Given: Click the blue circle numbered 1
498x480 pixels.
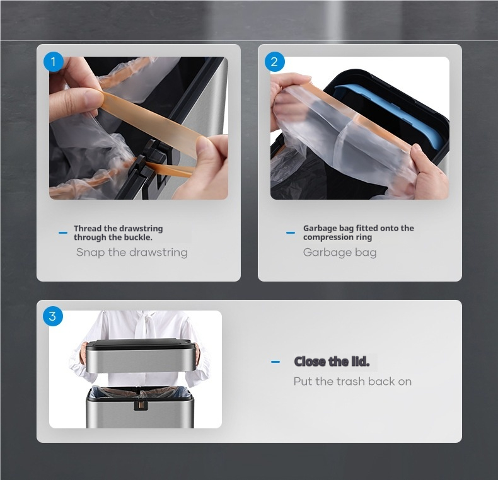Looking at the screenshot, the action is (54, 62).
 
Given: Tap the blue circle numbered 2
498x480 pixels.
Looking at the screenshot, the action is (275, 62).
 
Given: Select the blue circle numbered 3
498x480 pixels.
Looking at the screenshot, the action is (53, 316).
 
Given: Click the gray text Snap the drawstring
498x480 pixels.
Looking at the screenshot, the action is (132, 253).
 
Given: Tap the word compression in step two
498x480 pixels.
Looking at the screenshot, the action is (328, 237).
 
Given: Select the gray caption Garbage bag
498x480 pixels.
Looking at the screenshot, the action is (340, 253).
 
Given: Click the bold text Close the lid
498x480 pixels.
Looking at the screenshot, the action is (332, 362).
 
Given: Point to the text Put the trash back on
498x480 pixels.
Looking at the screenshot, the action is (352, 381).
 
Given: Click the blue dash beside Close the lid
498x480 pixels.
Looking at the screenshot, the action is (275, 362).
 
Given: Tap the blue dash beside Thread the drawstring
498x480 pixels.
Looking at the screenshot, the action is (63, 232).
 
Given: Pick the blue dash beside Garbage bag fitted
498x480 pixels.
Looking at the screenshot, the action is (291, 232).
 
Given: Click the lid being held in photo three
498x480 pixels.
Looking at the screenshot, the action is (140, 355).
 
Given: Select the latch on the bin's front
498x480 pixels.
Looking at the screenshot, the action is (141, 405).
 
